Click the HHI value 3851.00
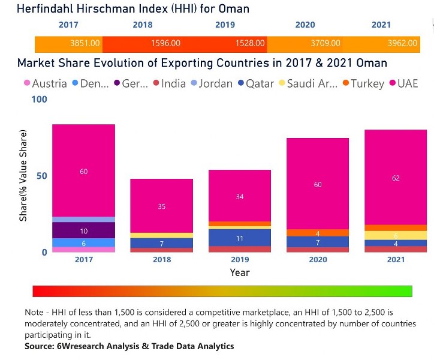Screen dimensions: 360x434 tap(84, 44)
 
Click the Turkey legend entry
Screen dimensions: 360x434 tap(362, 83)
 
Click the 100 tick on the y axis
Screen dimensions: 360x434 tap(38, 99)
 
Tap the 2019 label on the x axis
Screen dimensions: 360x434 tap(240, 259)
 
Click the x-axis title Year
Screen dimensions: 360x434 tap(240, 272)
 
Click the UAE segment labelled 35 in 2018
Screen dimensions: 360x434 tap(162, 206)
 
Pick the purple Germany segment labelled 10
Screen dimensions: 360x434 tap(83, 230)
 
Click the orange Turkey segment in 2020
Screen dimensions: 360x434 tap(318, 233)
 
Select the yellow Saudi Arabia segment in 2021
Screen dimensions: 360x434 tap(396, 235)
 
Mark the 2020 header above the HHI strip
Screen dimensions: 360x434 tap(305, 25)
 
